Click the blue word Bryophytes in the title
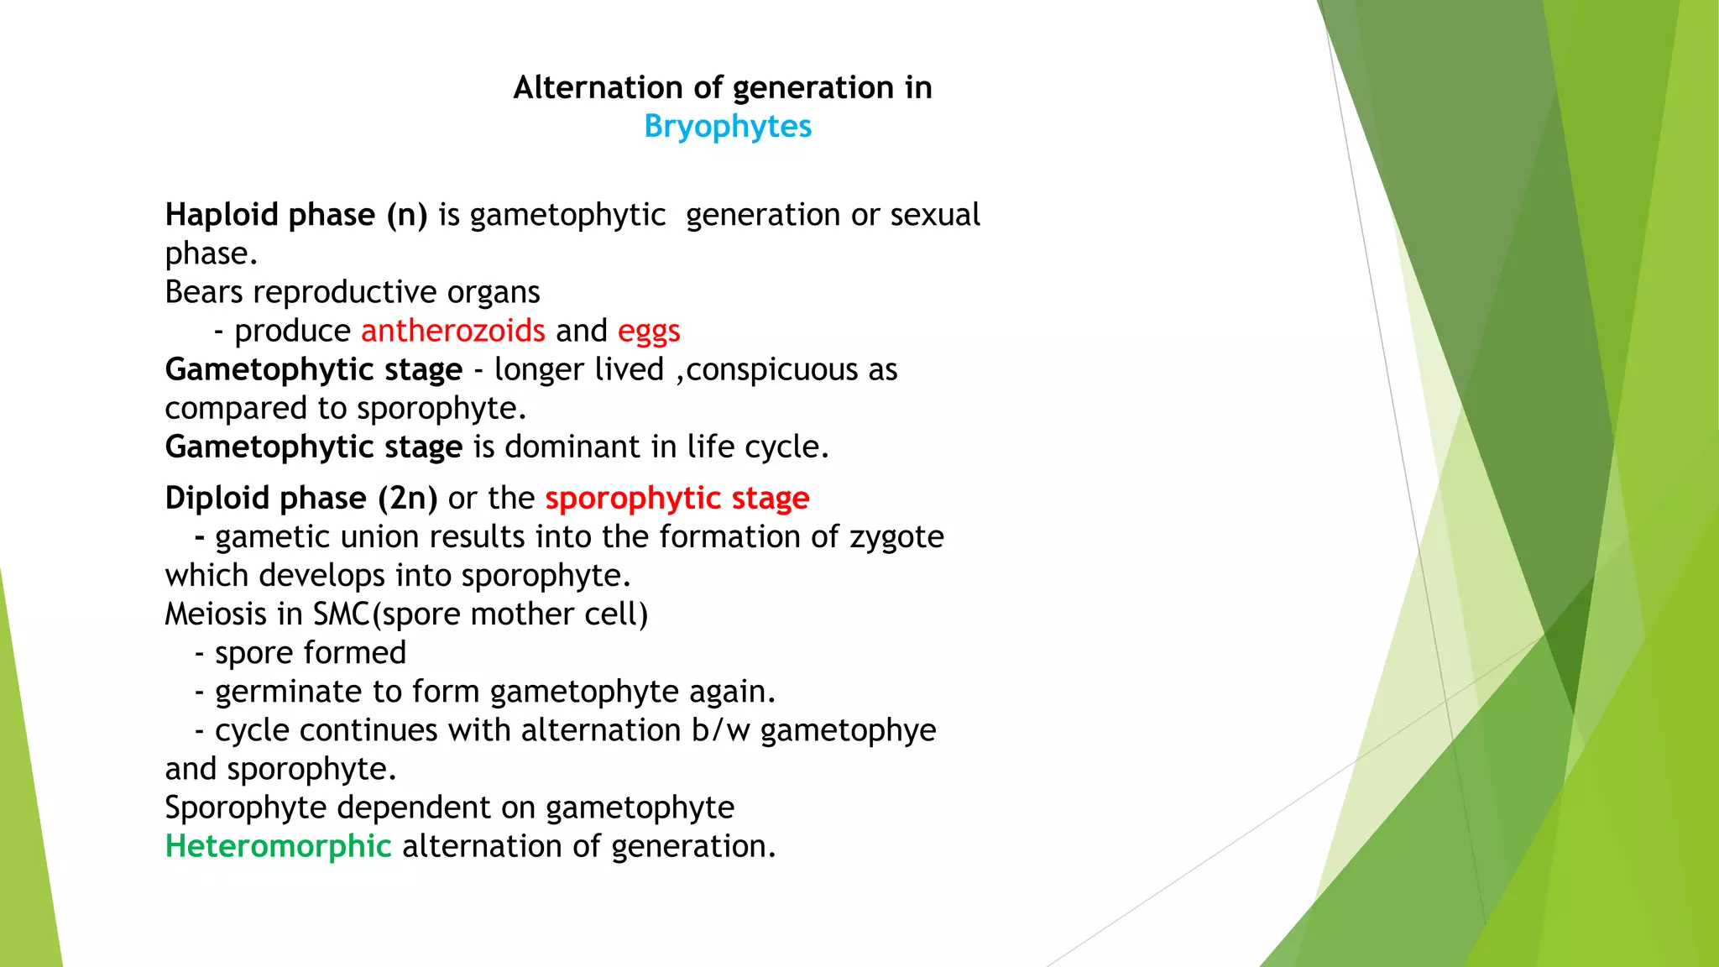[728, 127]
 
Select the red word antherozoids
[453, 331]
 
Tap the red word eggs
[649, 331]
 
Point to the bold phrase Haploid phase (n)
[296, 215]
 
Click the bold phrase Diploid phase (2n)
[301, 498]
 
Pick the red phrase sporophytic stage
[677, 498]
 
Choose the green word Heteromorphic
[279, 846]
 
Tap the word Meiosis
[216, 614]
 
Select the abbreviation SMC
[342, 614]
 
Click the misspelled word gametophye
[848, 730]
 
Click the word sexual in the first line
[934, 215]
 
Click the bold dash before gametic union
[200, 537]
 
